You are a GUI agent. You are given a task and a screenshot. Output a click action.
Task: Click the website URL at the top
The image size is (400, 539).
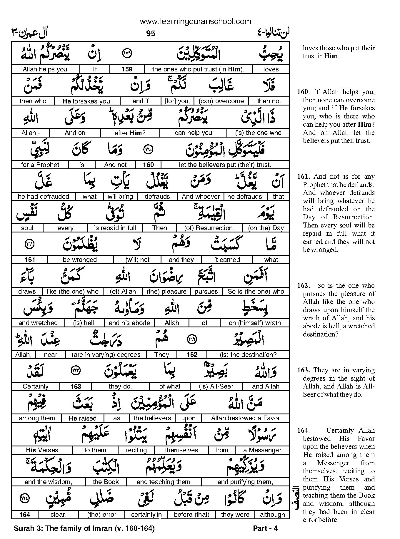(195, 21)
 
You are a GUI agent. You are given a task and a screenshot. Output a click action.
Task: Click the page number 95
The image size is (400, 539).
(150, 34)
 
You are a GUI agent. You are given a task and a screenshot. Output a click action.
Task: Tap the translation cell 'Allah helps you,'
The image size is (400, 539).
(46, 69)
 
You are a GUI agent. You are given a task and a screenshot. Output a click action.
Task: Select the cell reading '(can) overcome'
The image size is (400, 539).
(221, 101)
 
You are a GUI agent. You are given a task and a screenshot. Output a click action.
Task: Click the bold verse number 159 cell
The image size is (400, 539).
(127, 69)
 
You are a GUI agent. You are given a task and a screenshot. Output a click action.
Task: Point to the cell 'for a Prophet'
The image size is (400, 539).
(40, 165)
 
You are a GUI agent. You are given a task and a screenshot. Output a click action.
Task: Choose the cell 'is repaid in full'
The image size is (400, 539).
(115, 228)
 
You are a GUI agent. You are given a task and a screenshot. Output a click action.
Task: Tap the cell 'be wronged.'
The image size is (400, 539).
(81, 260)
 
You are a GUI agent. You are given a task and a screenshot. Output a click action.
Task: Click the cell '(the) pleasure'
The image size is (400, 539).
(166, 292)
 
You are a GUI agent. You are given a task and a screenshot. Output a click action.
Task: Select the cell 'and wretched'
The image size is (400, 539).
(38, 323)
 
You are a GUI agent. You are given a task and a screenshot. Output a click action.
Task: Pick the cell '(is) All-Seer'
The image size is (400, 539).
(216, 386)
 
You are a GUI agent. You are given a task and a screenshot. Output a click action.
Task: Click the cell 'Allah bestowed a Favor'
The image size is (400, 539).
(245, 418)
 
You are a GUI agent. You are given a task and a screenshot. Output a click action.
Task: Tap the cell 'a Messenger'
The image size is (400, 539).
(262, 450)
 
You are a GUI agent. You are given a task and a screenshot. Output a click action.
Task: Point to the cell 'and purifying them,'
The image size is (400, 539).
(245, 482)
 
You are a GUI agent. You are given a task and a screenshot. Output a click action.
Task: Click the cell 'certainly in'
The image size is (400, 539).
(146, 515)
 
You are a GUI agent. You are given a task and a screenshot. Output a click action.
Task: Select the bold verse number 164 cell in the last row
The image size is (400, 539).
(25, 515)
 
